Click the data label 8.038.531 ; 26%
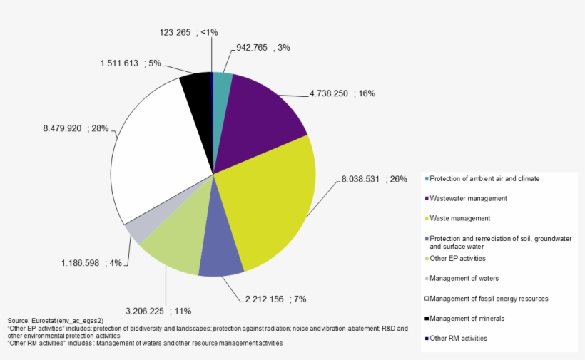pyautogui.click(x=372, y=179)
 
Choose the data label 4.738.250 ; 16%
pyautogui.click(x=342, y=93)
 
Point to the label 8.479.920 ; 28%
pyautogui.click(x=76, y=129)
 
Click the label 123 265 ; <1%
pyautogui.click(x=189, y=32)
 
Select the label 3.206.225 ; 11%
pyautogui.click(x=158, y=312)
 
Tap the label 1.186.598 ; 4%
pyautogui.click(x=93, y=264)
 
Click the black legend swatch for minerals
pyautogui.click(x=427, y=318)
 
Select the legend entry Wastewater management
pyautogui.click(x=469, y=198)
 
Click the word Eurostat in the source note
pyautogui.click(x=47, y=322)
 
